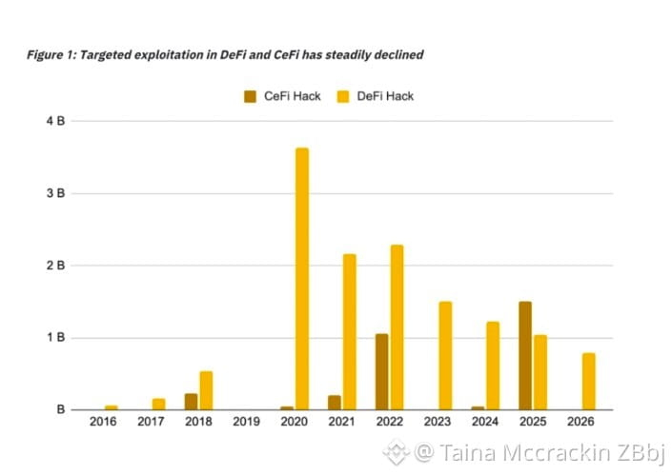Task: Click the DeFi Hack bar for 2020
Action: click(x=302, y=279)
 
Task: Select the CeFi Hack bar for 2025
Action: click(x=525, y=356)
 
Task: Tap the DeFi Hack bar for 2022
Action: click(x=397, y=327)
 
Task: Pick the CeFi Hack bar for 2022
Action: click(x=382, y=372)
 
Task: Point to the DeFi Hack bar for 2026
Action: click(x=588, y=382)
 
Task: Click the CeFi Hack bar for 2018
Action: click(x=192, y=402)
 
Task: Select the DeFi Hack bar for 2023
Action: click(x=445, y=356)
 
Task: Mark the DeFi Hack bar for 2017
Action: click(x=158, y=404)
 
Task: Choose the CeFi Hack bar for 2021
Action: click(x=335, y=403)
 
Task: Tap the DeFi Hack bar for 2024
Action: click(x=493, y=366)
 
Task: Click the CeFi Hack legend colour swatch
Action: click(x=251, y=96)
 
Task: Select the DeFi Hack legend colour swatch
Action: click(x=343, y=96)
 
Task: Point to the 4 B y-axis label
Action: click(x=55, y=121)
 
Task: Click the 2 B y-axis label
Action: click(x=55, y=266)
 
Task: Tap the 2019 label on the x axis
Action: click(x=247, y=422)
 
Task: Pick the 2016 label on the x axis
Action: click(x=103, y=422)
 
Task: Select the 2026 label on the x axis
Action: click(x=580, y=422)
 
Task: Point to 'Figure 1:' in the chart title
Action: click(x=51, y=55)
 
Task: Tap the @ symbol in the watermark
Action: click(x=424, y=452)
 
